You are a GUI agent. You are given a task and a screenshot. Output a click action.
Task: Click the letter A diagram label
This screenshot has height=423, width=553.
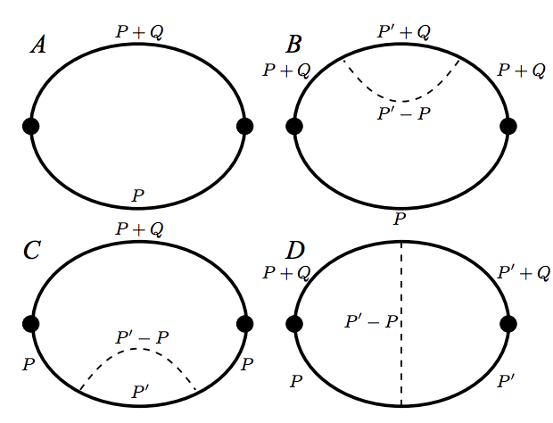point(38,46)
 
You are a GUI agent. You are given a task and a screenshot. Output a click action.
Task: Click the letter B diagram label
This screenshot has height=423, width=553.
point(293,45)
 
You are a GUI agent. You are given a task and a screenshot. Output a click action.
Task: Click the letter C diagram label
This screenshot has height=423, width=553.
point(32,250)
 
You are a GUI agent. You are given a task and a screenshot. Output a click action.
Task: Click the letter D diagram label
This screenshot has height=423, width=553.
point(295,251)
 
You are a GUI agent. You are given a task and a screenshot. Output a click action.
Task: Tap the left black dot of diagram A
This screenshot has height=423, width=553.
point(30,127)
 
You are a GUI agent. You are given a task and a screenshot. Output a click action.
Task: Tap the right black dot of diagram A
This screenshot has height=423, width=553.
point(244,127)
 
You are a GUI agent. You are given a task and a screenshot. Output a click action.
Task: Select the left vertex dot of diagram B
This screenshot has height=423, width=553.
point(294,127)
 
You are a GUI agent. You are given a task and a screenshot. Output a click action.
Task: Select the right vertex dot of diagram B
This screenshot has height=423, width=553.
point(508,127)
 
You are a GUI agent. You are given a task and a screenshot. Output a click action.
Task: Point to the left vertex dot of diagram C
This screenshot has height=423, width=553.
point(30,324)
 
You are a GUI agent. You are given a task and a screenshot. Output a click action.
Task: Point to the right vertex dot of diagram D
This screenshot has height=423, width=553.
point(508,324)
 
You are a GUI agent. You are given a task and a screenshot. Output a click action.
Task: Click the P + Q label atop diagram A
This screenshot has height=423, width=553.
point(140,32)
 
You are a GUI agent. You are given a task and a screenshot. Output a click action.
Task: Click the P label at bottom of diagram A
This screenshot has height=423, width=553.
point(138,195)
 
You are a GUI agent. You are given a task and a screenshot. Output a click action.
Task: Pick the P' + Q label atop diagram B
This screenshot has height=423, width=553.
point(404,32)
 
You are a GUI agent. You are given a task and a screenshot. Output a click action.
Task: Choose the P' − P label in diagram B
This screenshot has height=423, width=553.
point(404,113)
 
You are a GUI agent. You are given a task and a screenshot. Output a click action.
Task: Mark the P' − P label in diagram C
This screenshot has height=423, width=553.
point(142,337)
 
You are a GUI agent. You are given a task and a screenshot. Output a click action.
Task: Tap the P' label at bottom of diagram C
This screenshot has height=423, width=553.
point(140,392)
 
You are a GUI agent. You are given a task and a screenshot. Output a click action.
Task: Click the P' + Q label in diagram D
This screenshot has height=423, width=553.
point(524,273)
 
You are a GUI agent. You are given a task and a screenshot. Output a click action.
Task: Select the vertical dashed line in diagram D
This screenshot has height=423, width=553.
point(401,324)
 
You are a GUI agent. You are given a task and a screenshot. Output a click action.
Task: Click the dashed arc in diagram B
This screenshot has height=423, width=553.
point(401,101)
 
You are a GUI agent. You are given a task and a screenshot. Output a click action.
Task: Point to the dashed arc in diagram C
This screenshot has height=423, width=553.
point(136,349)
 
